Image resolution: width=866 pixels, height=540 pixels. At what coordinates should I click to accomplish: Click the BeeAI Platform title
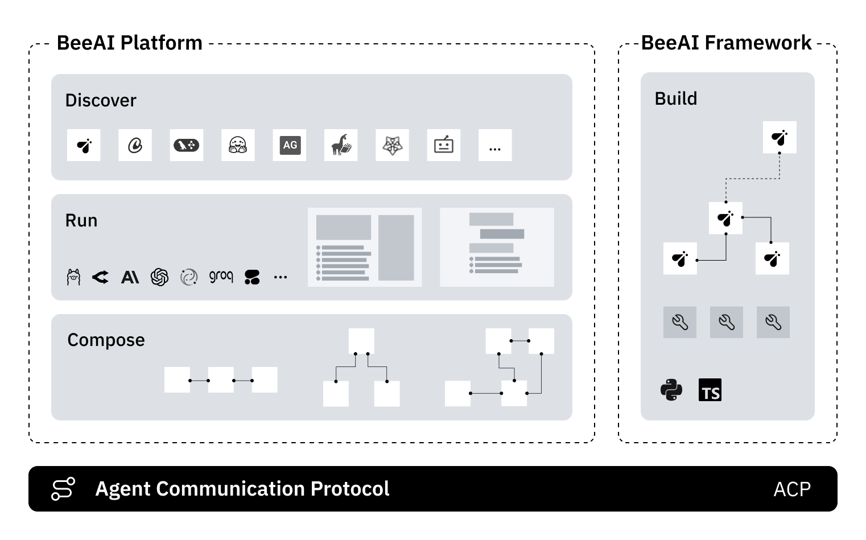[x=130, y=43]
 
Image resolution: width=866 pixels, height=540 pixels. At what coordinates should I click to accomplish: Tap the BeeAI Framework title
[x=726, y=43]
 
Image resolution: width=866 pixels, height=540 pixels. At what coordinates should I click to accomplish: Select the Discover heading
[x=101, y=101]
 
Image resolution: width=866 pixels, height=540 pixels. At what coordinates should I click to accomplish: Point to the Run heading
[x=81, y=221]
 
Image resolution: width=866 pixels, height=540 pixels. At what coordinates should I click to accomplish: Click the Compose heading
[x=106, y=340]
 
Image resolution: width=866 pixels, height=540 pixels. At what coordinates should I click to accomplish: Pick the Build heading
[x=675, y=99]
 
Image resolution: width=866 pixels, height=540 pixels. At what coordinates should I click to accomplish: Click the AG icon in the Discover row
[x=290, y=145]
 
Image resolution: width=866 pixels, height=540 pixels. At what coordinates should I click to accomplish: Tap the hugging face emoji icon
[x=238, y=145]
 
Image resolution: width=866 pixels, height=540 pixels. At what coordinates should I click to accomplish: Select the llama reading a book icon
[x=341, y=145]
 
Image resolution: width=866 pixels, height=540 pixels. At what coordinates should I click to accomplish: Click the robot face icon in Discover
[x=444, y=145]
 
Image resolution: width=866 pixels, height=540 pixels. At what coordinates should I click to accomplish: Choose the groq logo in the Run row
[x=221, y=277]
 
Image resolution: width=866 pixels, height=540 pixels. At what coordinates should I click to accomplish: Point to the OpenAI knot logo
[x=159, y=277]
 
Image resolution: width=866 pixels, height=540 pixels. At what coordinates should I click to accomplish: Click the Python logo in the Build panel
[x=671, y=390]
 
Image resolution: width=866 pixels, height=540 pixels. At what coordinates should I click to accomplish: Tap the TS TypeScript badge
[x=710, y=390]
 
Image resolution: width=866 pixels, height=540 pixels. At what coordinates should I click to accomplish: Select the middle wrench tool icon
[x=727, y=323]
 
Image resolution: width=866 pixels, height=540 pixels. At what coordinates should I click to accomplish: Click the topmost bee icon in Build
[x=780, y=137]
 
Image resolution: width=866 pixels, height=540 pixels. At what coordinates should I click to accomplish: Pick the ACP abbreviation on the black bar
[x=792, y=489]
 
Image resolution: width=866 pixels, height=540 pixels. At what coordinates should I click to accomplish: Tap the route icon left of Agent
[x=63, y=489]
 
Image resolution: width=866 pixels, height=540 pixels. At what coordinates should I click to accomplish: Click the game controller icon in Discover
[x=187, y=145]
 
